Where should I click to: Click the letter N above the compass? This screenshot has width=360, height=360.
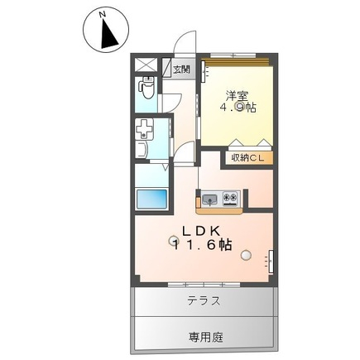103,15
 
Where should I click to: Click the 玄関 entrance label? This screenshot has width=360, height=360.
181,70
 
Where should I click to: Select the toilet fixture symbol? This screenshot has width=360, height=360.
146,88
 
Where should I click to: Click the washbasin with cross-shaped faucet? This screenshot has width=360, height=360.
144,129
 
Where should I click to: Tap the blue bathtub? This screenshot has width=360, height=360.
151,199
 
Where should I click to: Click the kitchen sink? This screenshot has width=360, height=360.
210,199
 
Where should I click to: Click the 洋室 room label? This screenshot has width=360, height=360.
238,95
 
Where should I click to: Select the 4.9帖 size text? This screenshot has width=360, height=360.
238,108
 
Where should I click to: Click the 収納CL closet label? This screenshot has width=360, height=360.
247,158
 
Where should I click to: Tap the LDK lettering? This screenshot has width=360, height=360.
201,231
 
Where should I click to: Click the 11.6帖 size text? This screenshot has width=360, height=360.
201,244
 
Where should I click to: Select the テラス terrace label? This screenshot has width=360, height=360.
204,300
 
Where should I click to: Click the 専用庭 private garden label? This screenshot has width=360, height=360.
206,337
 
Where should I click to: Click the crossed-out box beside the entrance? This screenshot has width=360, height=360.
146,65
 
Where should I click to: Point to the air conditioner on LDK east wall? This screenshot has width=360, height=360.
271,262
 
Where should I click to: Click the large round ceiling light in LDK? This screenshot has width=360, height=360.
246,255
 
